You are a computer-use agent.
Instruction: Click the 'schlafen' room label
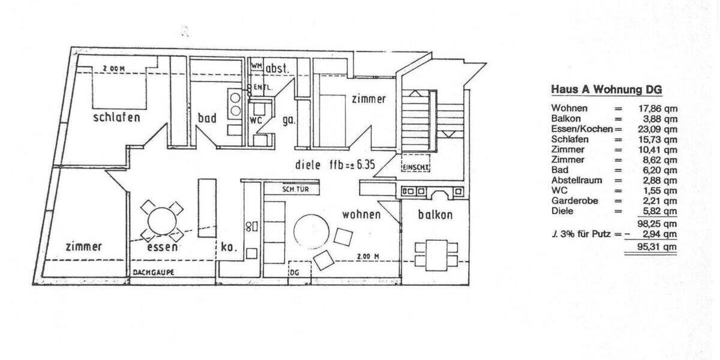(x=116, y=117)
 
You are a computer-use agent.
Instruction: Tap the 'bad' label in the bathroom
(x=207, y=118)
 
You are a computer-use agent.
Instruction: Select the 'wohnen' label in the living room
(x=361, y=214)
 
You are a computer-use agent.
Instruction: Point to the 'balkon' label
(x=435, y=215)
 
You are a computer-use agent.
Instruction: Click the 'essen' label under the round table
(x=161, y=246)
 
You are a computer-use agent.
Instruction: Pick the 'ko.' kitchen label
(x=229, y=246)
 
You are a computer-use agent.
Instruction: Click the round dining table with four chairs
(x=161, y=218)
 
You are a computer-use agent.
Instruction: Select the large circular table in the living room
(x=311, y=230)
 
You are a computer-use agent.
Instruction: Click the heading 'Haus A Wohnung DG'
(x=606, y=90)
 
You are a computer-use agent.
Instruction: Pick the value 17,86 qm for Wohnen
(x=658, y=109)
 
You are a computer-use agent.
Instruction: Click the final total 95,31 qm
(x=658, y=247)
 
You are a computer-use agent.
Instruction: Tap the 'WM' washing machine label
(x=257, y=65)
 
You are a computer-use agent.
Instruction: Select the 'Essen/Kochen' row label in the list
(x=582, y=129)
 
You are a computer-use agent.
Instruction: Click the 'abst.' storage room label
(x=278, y=68)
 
